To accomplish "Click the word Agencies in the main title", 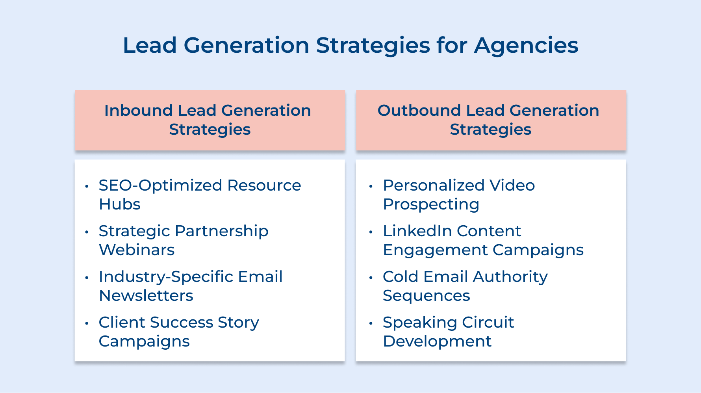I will [526, 46].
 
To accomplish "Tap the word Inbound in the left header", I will [138, 111].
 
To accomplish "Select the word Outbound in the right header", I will [419, 111].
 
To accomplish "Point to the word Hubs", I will [120, 204].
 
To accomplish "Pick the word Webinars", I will [137, 250].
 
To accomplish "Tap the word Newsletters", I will [146, 296].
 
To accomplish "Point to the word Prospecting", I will [431, 205].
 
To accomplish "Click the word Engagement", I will [435, 250].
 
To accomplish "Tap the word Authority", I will [510, 277].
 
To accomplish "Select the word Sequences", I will [427, 296].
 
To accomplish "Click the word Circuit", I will [488, 323].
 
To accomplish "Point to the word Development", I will [437, 341].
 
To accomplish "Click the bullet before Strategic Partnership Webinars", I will [87, 232].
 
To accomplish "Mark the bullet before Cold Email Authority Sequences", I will [371, 278].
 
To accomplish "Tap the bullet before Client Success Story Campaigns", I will [87, 323].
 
